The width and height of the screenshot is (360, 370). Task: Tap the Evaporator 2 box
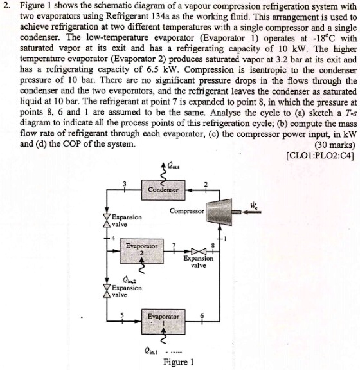click(142, 252)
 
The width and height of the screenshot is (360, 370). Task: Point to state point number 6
click(201, 315)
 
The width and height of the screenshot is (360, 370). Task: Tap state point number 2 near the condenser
click(204, 185)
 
